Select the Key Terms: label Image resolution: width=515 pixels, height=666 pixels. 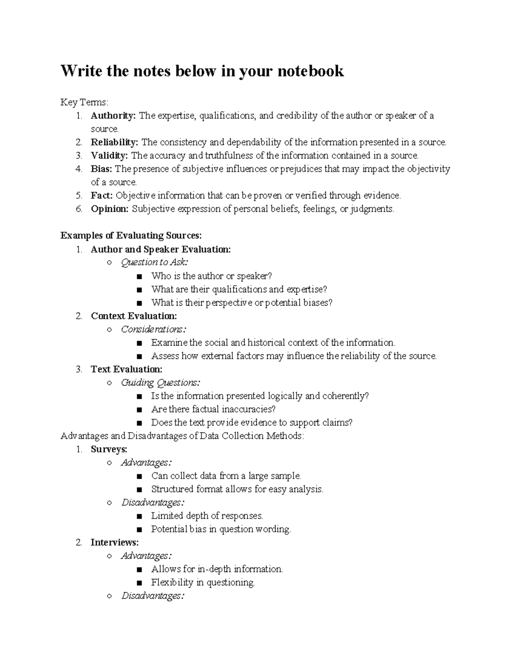tap(85, 102)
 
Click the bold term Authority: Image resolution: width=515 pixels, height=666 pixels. tap(113, 116)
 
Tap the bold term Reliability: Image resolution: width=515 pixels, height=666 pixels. tap(115, 142)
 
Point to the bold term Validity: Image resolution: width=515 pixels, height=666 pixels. tap(109, 156)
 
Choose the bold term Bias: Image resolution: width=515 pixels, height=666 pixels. tap(102, 169)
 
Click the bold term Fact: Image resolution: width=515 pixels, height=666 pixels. tap(102, 196)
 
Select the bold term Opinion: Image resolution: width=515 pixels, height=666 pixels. tap(109, 209)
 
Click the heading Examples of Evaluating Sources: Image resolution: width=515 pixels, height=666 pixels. tap(131, 235)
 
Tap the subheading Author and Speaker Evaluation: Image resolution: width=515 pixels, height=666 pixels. tap(161, 249)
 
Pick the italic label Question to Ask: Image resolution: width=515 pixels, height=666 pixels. tap(154, 262)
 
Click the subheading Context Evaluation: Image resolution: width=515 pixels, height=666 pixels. tap(134, 316)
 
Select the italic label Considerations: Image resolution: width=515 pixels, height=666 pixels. tap(154, 329)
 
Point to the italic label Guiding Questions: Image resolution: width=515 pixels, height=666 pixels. tap(161, 383)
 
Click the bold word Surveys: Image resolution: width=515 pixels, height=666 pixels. tap(109, 449)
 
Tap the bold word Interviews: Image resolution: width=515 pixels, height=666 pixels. tap(115, 542)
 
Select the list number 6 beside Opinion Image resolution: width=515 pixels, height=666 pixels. tap(79, 209)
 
